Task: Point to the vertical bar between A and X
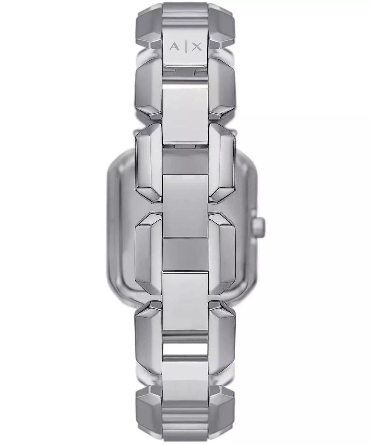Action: tap(185, 47)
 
